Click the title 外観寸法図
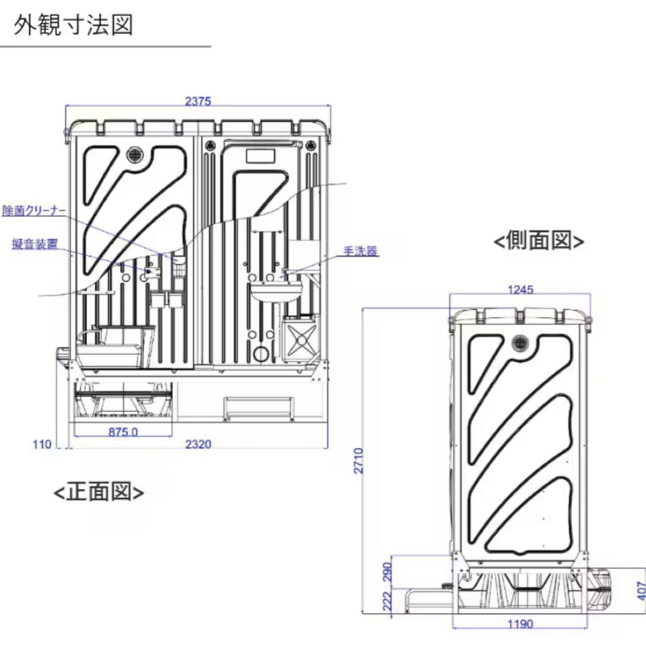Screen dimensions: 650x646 [x=74, y=25]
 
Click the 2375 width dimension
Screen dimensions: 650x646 [x=197, y=101]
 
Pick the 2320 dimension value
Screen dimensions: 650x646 [x=198, y=445]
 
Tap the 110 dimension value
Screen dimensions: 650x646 [x=42, y=445]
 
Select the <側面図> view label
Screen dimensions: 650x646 [x=538, y=240]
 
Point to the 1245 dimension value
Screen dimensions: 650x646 [x=520, y=290]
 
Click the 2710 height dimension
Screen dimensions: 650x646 [x=359, y=460]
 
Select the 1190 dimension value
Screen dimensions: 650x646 [x=520, y=624]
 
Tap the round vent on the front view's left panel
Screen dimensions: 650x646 [x=133, y=154]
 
